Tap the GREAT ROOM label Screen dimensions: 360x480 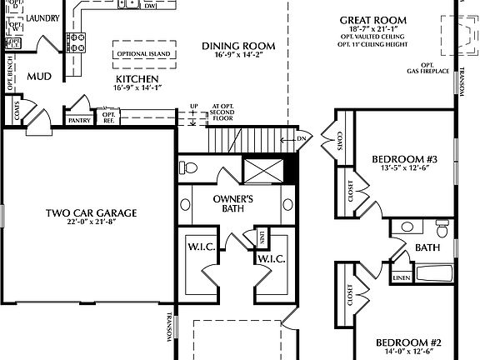(372, 20)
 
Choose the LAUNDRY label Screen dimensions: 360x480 (42, 17)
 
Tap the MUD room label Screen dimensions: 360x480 (39, 77)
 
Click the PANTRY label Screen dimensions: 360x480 (79, 120)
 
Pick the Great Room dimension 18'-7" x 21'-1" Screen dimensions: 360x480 (372, 29)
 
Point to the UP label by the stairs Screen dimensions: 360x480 (194, 107)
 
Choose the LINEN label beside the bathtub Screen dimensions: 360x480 (401, 277)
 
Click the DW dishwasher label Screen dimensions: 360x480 (150, 6)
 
